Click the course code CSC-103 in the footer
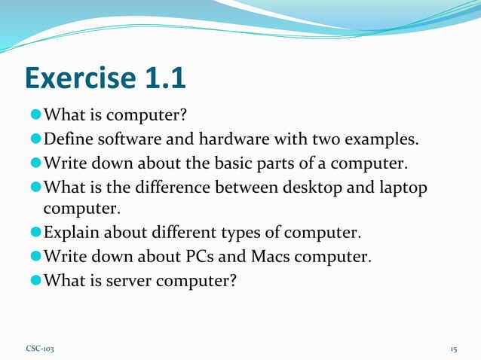point(40,349)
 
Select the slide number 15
point(454,349)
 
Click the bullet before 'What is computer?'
point(35,115)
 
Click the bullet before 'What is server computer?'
point(35,280)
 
